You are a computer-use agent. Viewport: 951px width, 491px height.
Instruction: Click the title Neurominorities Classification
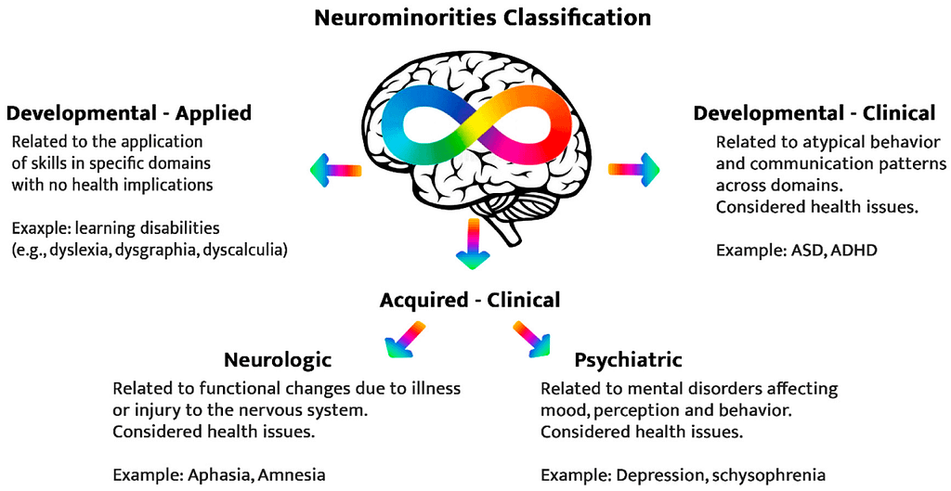(x=482, y=17)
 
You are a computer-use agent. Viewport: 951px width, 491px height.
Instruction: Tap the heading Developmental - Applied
(x=129, y=113)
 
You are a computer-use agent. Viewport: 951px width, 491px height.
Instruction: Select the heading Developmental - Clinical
(x=814, y=113)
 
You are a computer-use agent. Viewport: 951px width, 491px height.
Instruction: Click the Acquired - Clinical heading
(x=470, y=300)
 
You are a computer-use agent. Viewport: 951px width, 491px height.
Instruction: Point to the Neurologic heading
(x=278, y=359)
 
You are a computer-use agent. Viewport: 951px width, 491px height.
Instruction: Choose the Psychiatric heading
(x=628, y=359)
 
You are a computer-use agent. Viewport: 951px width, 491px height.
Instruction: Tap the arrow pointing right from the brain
(x=633, y=169)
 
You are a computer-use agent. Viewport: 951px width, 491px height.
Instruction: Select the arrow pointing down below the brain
(x=474, y=244)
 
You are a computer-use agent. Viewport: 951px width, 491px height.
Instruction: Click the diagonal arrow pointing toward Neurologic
(x=406, y=339)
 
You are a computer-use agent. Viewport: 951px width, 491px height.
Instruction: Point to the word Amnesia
(x=292, y=474)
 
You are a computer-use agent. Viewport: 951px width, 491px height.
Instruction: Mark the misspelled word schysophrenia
(x=768, y=474)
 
